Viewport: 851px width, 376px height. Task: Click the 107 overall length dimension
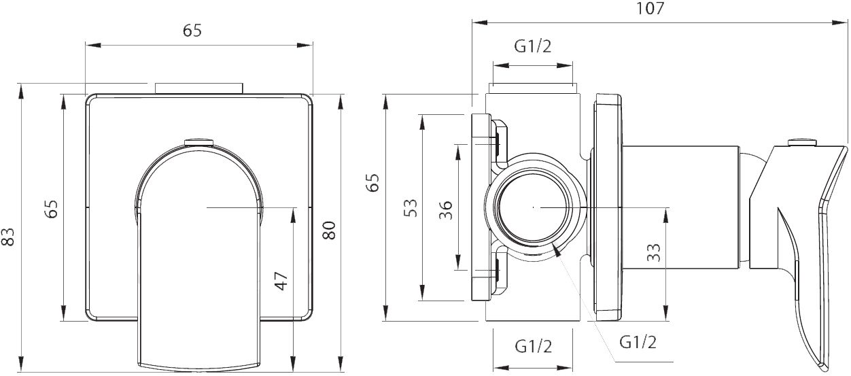click(x=650, y=8)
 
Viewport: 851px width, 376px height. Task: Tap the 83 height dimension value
click(x=7, y=237)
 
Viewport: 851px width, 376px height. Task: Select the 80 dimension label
click(x=330, y=230)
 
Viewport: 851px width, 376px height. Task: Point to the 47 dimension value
click(x=281, y=281)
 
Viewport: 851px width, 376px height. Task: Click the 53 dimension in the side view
click(x=411, y=208)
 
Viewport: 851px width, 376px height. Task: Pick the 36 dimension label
click(x=446, y=210)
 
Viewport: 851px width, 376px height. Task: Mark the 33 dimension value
click(x=654, y=252)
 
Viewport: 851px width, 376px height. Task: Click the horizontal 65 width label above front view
click(x=192, y=31)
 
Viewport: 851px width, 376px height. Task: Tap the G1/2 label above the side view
click(x=533, y=46)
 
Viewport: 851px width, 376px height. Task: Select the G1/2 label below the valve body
click(x=534, y=346)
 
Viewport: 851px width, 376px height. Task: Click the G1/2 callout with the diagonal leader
click(x=638, y=342)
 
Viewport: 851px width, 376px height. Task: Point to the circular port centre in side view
click(x=534, y=207)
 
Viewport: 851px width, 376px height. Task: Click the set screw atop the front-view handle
click(x=198, y=142)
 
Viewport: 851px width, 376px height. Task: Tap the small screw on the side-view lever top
click(x=802, y=142)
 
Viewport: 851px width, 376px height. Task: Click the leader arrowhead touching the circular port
click(x=557, y=250)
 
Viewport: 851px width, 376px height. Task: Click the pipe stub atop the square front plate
click(x=198, y=88)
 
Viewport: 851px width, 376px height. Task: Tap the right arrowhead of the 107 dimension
click(x=840, y=22)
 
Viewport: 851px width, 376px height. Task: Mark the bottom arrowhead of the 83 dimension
click(x=21, y=364)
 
